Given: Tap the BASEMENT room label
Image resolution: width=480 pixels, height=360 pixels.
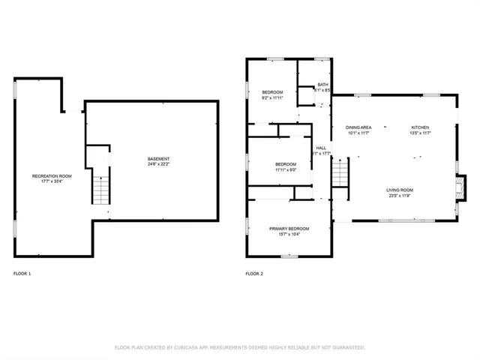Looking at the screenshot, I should (x=158, y=158).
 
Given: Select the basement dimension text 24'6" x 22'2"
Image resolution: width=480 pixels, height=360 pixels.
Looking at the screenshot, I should (x=158, y=163).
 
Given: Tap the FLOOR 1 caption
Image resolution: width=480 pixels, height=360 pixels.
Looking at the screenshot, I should (x=22, y=274).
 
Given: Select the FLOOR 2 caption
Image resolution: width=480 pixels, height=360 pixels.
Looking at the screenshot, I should (x=255, y=274).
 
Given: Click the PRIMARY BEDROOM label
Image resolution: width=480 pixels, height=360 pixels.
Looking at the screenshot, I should (x=289, y=228).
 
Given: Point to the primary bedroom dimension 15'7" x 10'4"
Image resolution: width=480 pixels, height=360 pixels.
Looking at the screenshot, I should (x=289, y=233).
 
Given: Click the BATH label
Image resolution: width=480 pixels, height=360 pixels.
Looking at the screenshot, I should (x=322, y=85).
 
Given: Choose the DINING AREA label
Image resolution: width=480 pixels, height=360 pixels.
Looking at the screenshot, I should (x=358, y=127).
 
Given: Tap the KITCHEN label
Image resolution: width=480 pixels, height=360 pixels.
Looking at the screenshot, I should (x=420, y=127).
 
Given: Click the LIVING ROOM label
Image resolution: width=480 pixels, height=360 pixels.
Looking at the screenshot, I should (x=400, y=190).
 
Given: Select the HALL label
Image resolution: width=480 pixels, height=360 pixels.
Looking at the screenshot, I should (x=321, y=148).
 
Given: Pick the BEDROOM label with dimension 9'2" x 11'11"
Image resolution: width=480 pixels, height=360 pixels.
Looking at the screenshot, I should (x=272, y=92).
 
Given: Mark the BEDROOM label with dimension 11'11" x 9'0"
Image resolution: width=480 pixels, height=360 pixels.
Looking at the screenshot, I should (x=286, y=164).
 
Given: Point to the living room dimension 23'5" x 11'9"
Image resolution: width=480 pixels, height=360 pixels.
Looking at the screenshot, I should (x=400, y=196).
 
